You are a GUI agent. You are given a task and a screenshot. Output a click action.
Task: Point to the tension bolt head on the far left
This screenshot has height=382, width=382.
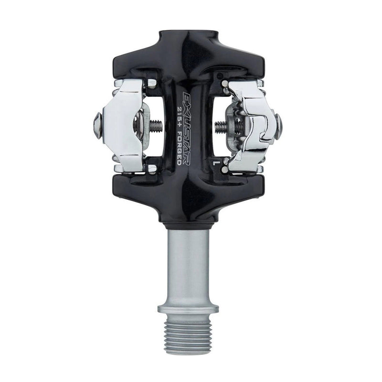pos(97,125)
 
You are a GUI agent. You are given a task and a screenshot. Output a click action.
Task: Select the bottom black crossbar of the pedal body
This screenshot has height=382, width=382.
pos(188,189)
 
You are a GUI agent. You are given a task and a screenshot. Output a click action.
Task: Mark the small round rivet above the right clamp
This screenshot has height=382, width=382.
pos(224,84)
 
